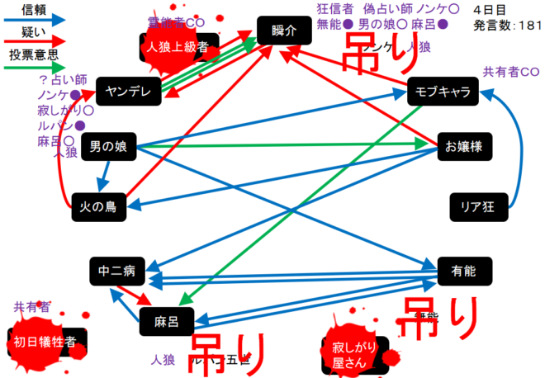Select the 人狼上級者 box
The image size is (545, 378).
coord(179,47)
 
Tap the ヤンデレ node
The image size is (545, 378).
coord(129,92)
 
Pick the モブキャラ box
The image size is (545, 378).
coord(443,92)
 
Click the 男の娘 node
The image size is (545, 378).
coord(107,148)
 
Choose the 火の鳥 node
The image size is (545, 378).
coord(98,206)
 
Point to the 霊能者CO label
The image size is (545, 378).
coord(175,21)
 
